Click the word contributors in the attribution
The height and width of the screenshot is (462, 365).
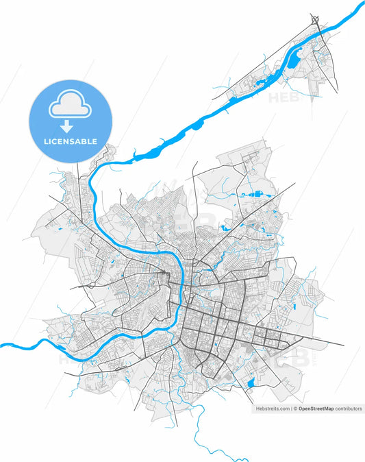point(348,408)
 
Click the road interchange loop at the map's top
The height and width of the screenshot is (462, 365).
point(315,19)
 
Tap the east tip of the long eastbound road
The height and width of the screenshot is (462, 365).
point(344,343)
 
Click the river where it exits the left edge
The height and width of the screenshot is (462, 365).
point(3,345)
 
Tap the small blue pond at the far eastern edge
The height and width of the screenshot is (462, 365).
point(294,305)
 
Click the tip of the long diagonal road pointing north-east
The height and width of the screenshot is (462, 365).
point(294,183)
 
